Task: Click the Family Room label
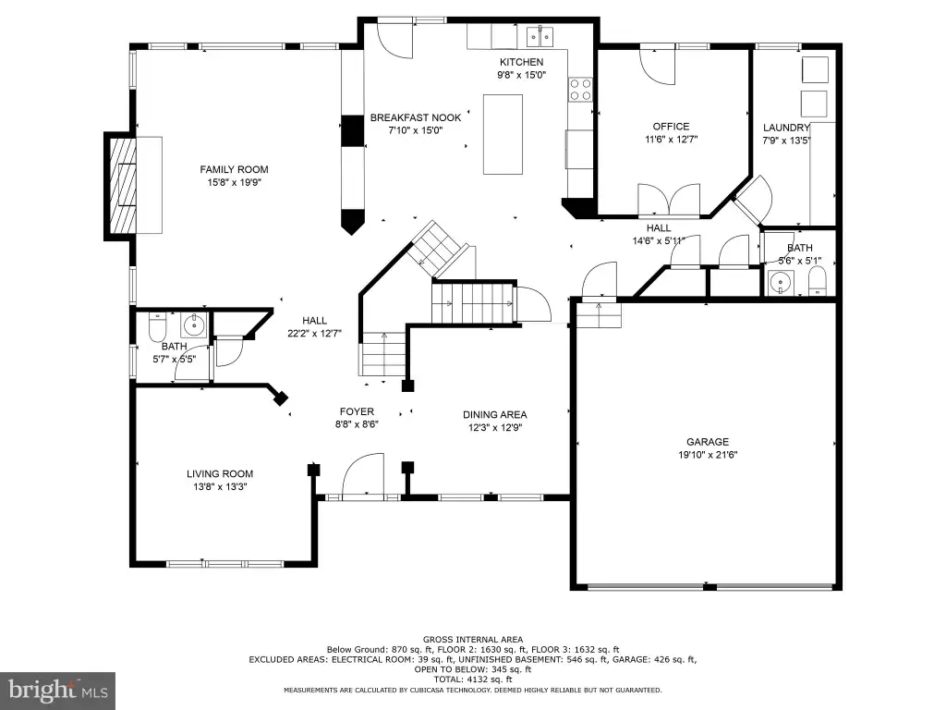point(234,170)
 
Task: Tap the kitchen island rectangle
point(503,134)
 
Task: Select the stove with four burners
point(580,90)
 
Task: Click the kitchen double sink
point(540,36)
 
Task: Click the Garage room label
point(708,442)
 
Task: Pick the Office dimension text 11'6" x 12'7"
point(672,140)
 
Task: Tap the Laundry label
point(786,128)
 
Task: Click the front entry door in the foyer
point(363,476)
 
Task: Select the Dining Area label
point(495,415)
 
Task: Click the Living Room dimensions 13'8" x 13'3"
point(220,487)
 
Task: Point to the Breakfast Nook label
point(416,117)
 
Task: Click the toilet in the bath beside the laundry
point(817,281)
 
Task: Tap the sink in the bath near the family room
point(194,325)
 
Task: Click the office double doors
point(669,201)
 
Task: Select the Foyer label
point(357,411)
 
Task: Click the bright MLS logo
point(58,691)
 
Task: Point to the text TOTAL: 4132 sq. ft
point(472,679)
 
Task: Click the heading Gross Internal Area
point(473,640)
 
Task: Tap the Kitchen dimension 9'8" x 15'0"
point(521,76)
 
